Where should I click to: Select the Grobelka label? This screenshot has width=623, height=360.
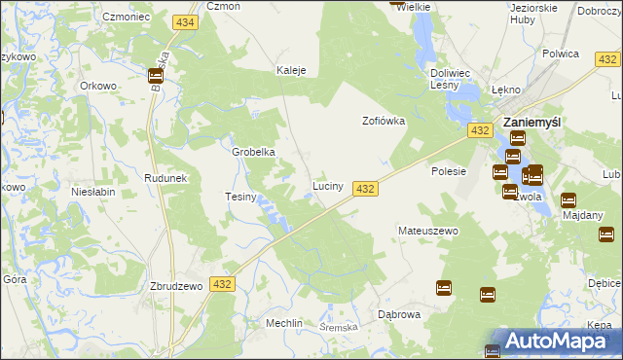[253, 152]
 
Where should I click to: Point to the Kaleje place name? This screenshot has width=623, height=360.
[292, 70]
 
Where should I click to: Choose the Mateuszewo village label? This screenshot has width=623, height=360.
[427, 231]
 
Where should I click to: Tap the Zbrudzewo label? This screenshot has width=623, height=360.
[175, 286]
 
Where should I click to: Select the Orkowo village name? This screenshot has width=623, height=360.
[98, 85]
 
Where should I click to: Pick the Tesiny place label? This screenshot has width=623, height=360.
[240, 197]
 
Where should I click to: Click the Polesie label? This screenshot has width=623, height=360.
[449, 171]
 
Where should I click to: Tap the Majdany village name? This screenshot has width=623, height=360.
[582, 215]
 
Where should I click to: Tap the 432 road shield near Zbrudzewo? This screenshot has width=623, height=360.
[222, 283]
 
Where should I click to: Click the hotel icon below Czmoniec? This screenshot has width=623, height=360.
[156, 76]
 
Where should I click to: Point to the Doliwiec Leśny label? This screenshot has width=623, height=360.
[451, 78]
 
